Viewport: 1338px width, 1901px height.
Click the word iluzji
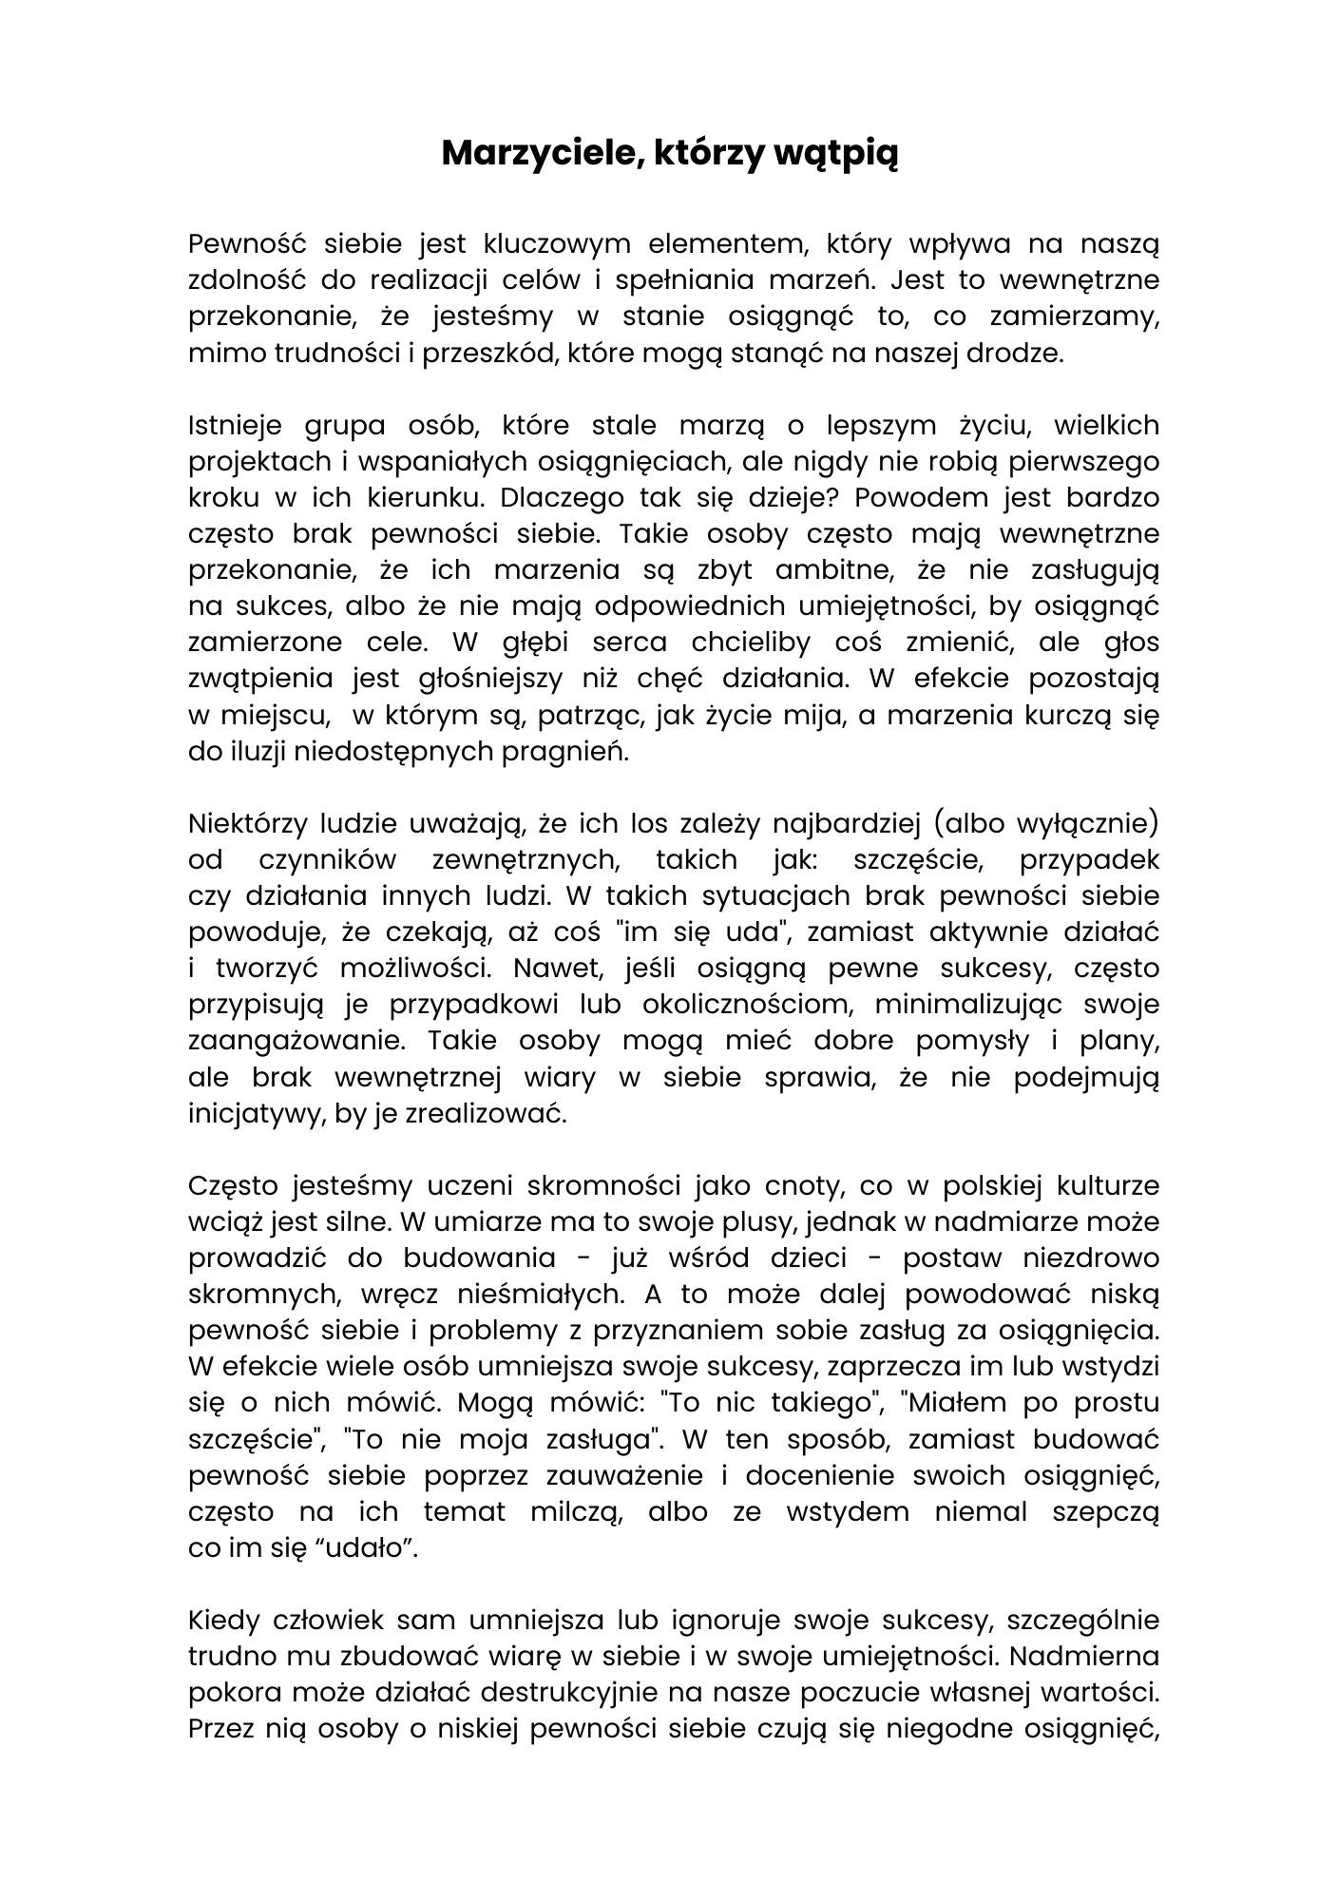[x=256, y=751]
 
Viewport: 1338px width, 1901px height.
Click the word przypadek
[x=1089, y=860]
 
